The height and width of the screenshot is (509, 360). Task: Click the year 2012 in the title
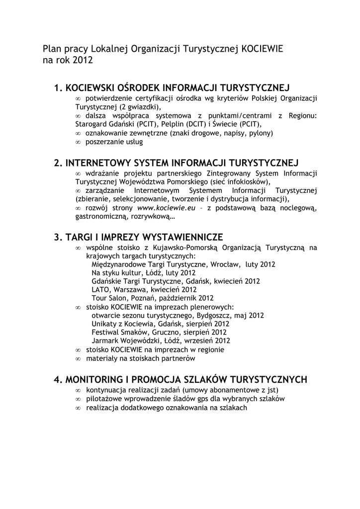point(83,61)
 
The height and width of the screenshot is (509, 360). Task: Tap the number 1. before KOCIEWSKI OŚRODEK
point(59,89)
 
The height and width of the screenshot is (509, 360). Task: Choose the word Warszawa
point(131,290)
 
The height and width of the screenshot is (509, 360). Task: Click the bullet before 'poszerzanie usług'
point(78,142)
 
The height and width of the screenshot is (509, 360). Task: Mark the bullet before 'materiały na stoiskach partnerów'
point(78,358)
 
